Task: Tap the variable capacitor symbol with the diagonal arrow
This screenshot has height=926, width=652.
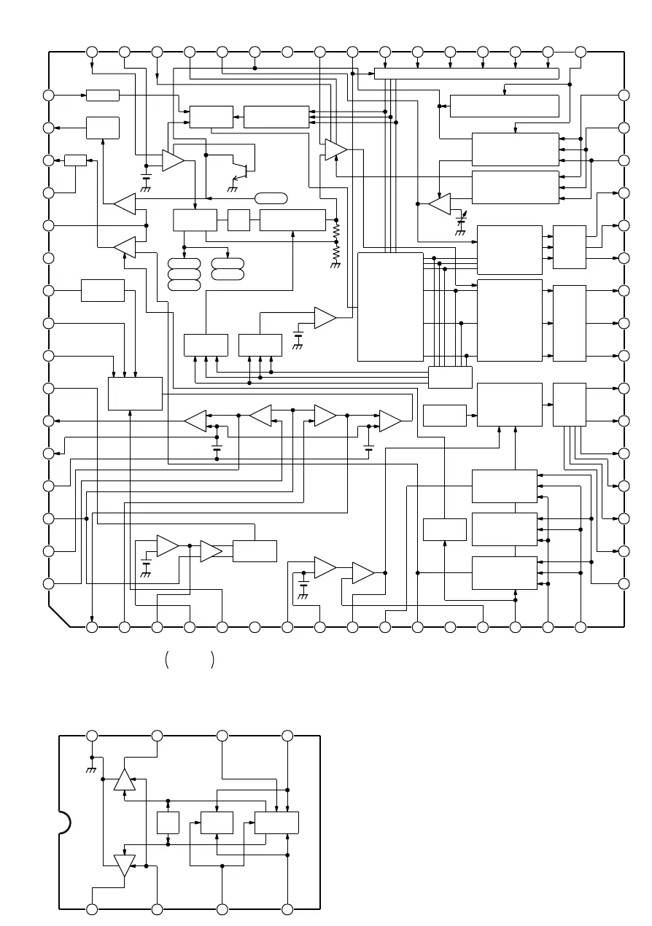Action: [460, 219]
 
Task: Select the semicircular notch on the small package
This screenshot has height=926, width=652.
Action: [64, 822]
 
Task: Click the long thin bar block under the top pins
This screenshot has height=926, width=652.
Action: [466, 73]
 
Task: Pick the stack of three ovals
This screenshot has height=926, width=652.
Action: [184, 274]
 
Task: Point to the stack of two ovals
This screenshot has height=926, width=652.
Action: [228, 268]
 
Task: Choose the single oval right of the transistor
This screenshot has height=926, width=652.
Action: [271, 198]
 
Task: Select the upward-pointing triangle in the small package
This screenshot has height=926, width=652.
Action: [125, 779]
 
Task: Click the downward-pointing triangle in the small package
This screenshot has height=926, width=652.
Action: [125, 865]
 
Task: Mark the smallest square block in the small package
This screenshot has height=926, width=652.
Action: [168, 822]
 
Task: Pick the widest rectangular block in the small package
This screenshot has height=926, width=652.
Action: [276, 822]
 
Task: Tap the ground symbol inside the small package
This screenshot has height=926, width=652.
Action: [92, 770]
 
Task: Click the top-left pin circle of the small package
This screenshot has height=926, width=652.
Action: [92, 736]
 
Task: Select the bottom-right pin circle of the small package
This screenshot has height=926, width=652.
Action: [287, 909]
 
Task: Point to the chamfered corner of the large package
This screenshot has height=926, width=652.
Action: [59, 615]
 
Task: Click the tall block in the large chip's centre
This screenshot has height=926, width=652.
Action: [390, 307]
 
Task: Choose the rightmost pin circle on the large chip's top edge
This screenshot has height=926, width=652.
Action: [581, 52]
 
